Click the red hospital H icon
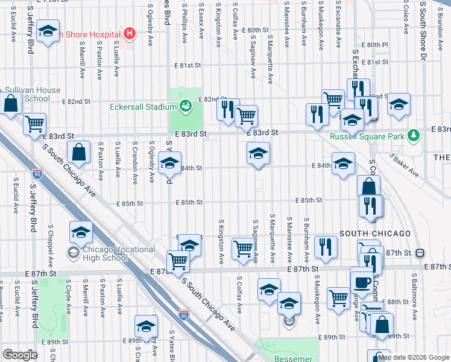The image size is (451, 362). click(x=128, y=33)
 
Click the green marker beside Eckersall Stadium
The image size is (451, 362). click(x=186, y=107)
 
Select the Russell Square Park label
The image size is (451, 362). click(x=367, y=136)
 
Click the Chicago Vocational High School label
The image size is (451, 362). click(x=105, y=253)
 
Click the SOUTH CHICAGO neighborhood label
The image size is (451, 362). click(x=375, y=233)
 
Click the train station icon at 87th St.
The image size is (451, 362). click(x=421, y=254)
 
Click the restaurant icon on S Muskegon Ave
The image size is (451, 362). click(x=326, y=246)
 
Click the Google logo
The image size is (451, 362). click(x=20, y=355)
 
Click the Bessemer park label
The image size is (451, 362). click(x=294, y=358)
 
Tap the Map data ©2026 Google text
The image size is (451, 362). click(x=414, y=357)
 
